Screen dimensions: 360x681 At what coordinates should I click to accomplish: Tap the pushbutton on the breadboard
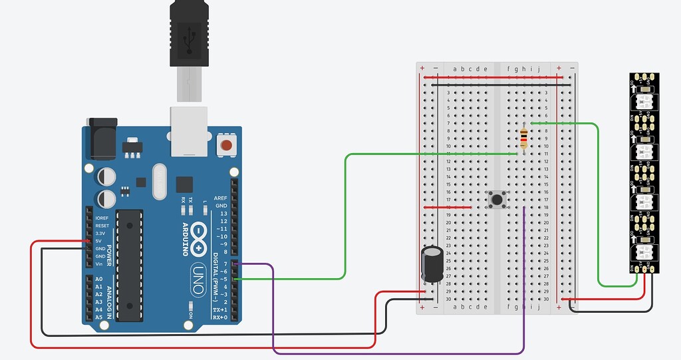pyautogui.click(x=497, y=199)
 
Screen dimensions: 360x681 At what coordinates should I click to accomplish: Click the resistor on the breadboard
pyautogui.click(x=524, y=138)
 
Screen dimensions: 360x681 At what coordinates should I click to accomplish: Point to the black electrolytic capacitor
pyautogui.click(x=433, y=264)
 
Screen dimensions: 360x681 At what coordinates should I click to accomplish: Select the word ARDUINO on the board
pyautogui.click(x=186, y=237)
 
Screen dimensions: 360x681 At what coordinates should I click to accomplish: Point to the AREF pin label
pyautogui.click(x=220, y=198)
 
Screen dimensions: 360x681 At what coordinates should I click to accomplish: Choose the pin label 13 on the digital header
pyautogui.click(x=223, y=214)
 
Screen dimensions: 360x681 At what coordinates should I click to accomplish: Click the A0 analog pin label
pyautogui.click(x=99, y=279)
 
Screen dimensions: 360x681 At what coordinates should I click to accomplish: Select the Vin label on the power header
pyautogui.click(x=99, y=264)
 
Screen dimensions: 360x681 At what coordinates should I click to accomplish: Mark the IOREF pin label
pyautogui.click(x=102, y=218)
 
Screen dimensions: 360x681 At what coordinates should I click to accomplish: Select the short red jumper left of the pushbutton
pyautogui.click(x=448, y=207)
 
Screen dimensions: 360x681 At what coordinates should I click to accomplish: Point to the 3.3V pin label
pyautogui.click(x=100, y=233)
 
